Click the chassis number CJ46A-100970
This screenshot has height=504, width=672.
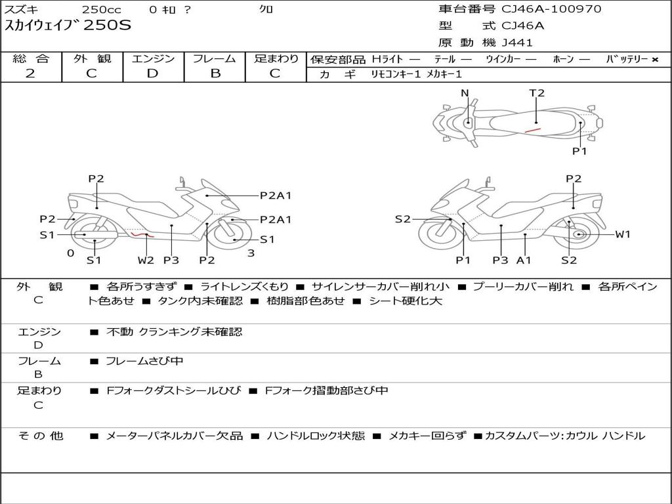coord(551,9)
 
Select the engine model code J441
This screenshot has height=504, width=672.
coord(517,43)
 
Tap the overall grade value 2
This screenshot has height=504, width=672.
coord(30,73)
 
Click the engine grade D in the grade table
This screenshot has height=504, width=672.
coord(153,73)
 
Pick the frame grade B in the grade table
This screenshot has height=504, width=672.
coord(215,73)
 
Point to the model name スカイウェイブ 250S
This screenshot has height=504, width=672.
coord(68,26)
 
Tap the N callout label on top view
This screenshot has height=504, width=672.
coord(465,93)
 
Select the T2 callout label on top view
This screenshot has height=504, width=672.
coord(537,93)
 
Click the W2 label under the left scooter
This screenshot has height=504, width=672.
coord(146,260)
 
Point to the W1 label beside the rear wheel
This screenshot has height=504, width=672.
coord(623,234)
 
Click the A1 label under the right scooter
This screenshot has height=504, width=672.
coord(524,260)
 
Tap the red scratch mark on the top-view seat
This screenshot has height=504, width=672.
coord(532,131)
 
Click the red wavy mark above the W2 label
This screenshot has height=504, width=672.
coord(142,234)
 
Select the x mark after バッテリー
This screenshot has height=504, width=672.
coord(654,60)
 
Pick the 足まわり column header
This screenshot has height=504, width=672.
coord(276,59)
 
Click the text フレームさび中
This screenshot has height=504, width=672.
coord(144,361)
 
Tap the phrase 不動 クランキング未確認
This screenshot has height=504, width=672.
coord(174,332)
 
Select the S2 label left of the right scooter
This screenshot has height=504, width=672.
coord(403,219)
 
